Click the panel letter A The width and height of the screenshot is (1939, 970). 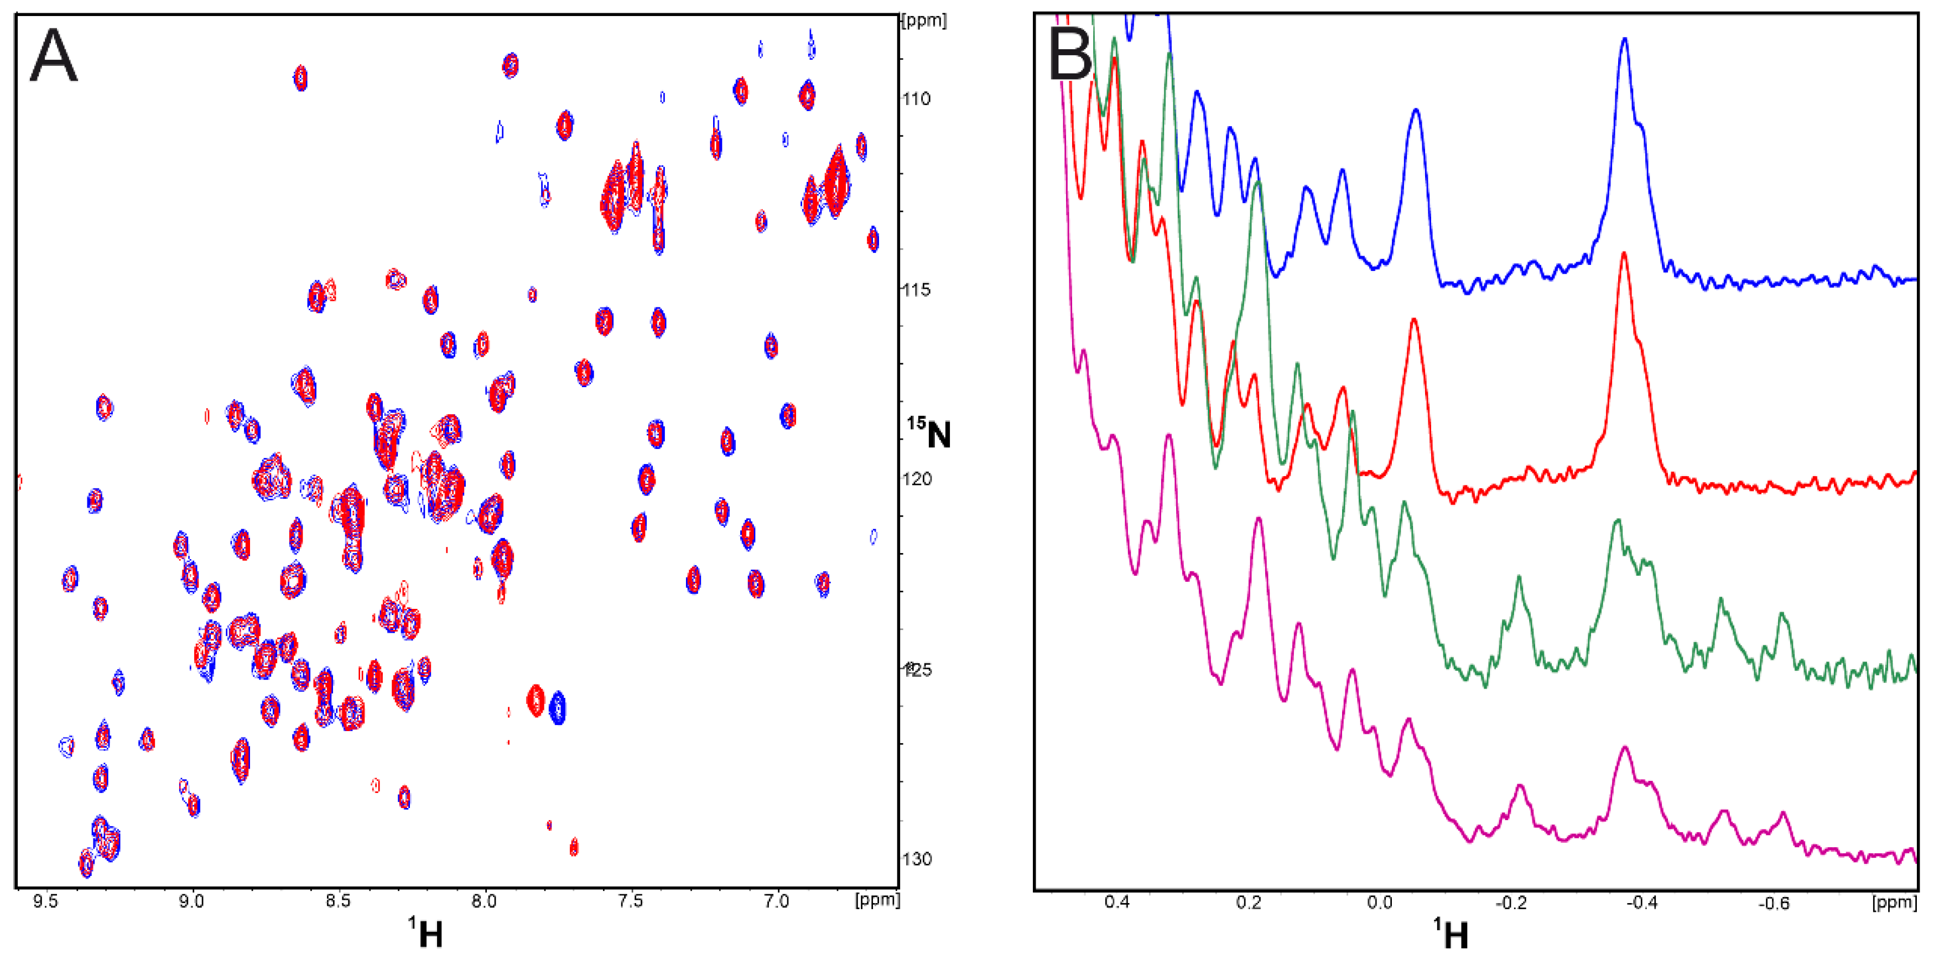(x=53, y=56)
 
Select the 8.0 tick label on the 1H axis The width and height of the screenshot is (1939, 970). (x=484, y=901)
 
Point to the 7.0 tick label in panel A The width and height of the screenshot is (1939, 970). (x=776, y=901)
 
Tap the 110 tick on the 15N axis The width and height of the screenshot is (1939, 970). (x=917, y=98)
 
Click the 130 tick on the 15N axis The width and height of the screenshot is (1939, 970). (x=917, y=859)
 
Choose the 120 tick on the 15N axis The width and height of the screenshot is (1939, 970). (x=917, y=478)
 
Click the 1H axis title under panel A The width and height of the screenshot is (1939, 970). (x=426, y=933)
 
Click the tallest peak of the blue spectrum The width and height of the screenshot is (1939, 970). (x=1624, y=40)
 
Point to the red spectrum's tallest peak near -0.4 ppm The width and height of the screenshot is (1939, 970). (x=1624, y=255)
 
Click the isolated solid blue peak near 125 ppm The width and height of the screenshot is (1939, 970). (x=558, y=707)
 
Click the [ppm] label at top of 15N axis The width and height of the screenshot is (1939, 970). (x=925, y=20)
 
